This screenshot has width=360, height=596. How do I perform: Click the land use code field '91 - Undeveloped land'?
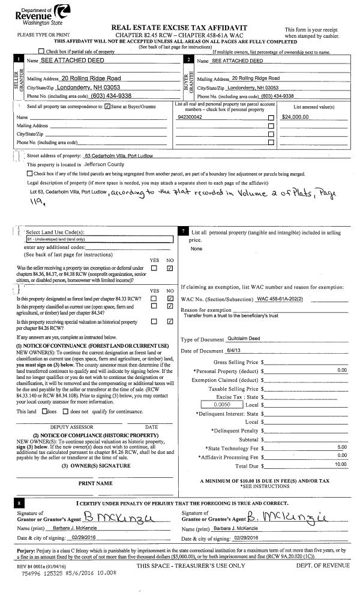coord(96,239)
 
